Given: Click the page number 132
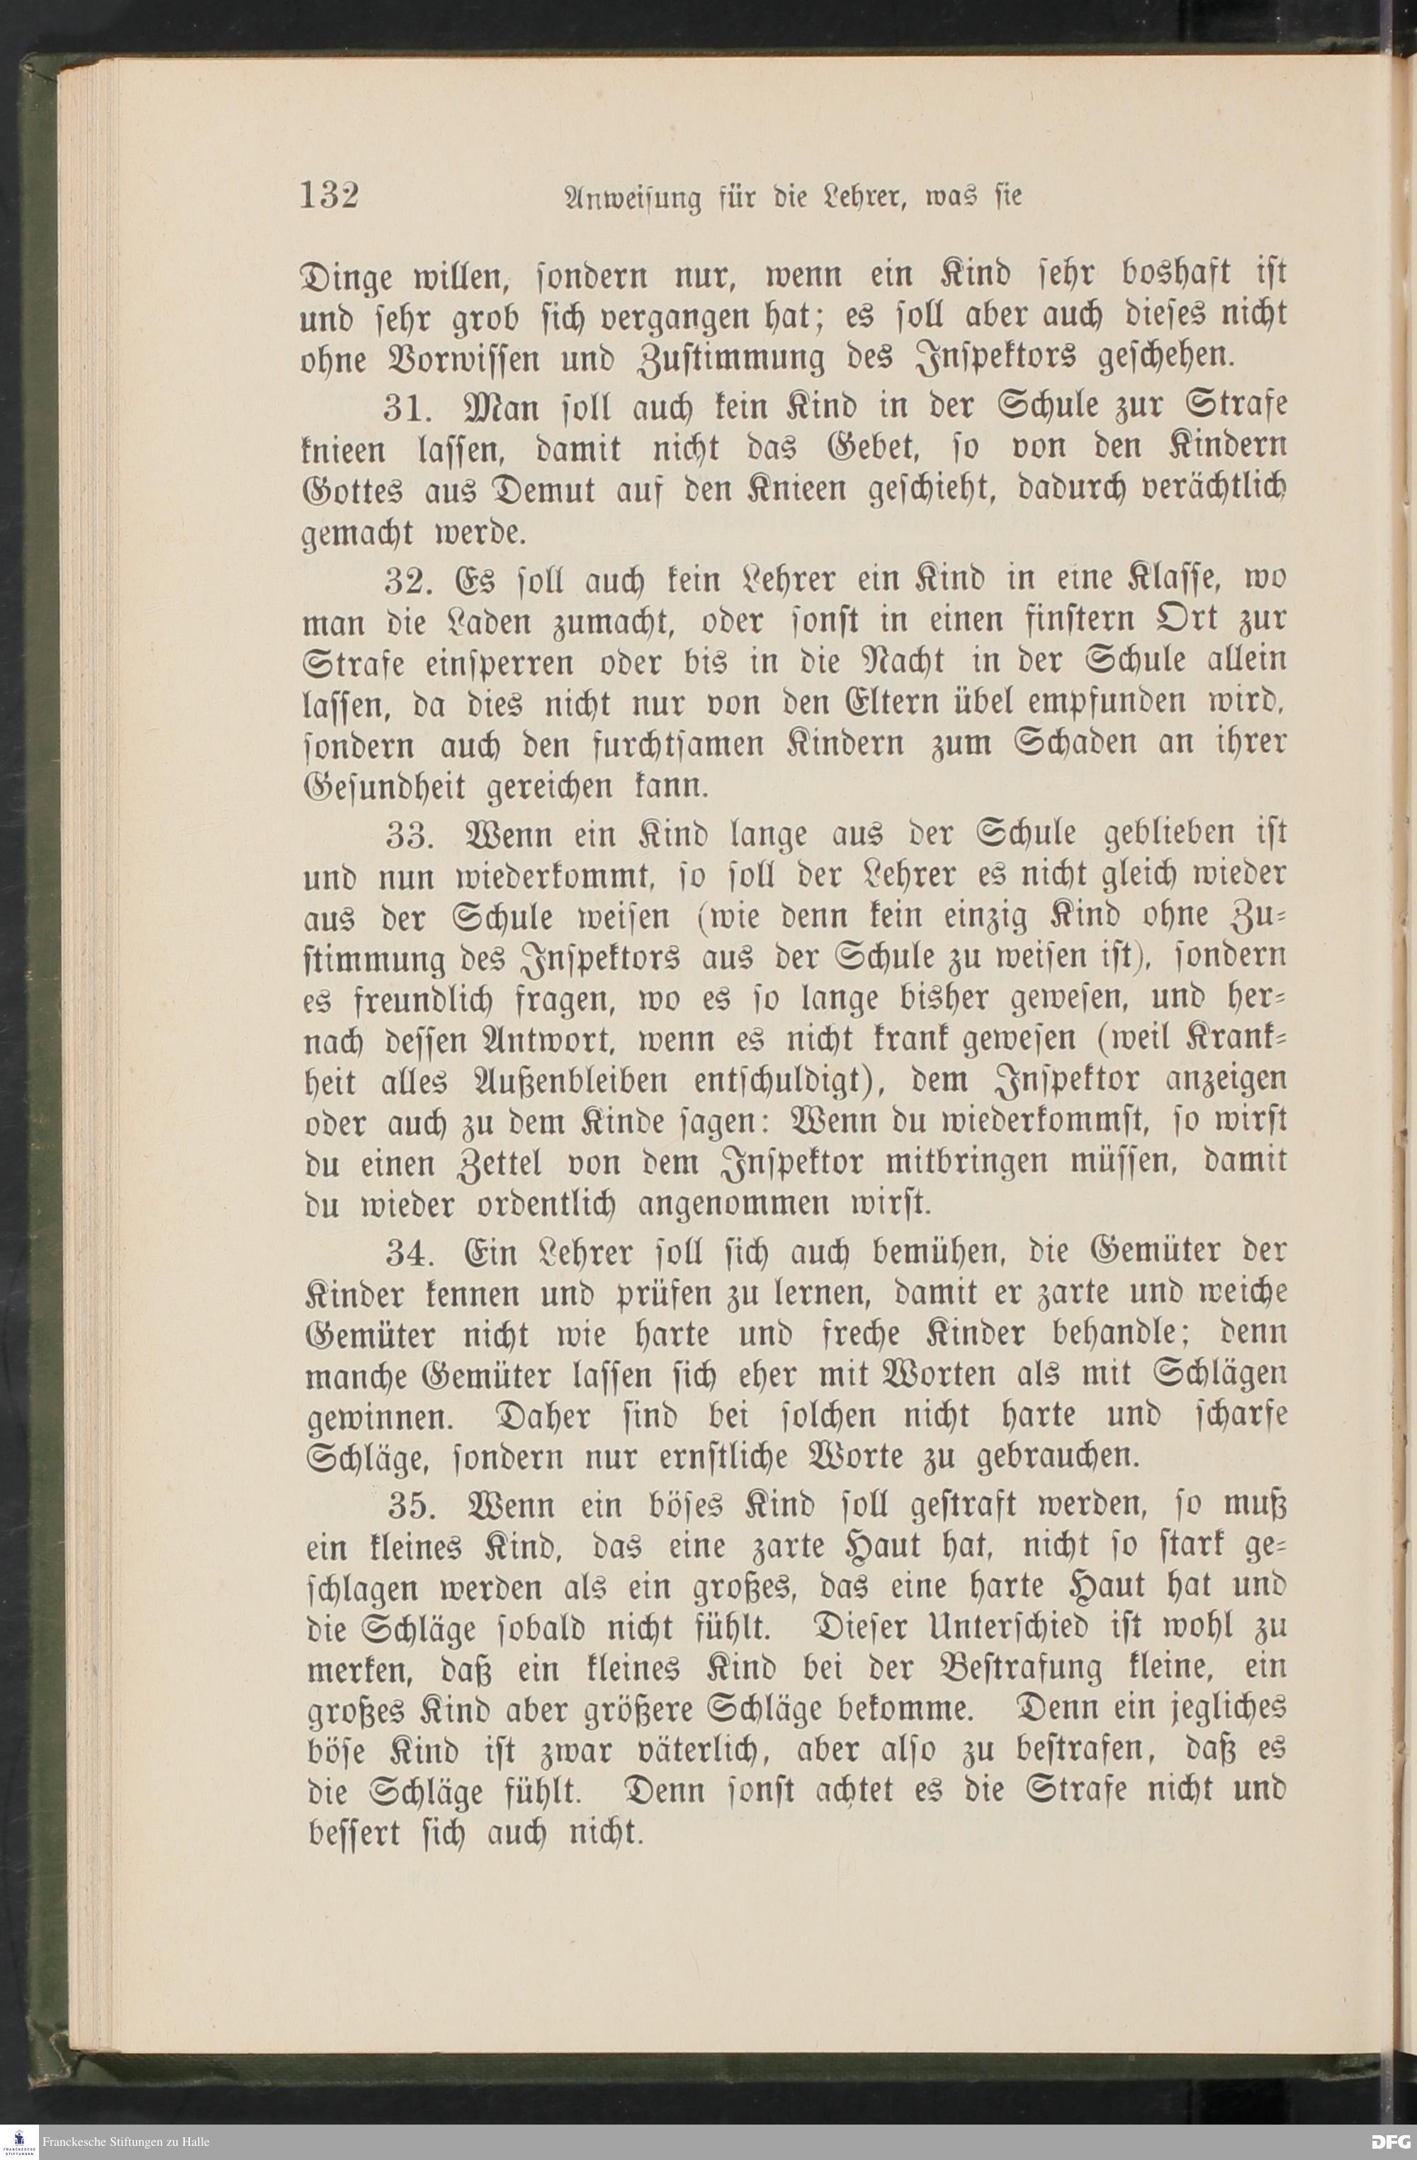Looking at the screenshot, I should pyautogui.click(x=329, y=195).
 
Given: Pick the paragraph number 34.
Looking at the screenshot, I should pyautogui.click(x=410, y=1254).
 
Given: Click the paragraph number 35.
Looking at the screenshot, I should pyautogui.click(x=411, y=1506).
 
